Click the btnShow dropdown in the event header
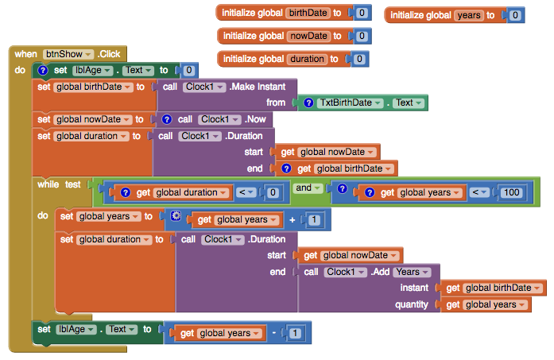68,54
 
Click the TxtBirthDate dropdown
349,103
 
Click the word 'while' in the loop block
48,184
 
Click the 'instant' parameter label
414,288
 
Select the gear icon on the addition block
176,216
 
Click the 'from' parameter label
275,103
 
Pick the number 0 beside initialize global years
515,15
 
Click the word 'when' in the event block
25,54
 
